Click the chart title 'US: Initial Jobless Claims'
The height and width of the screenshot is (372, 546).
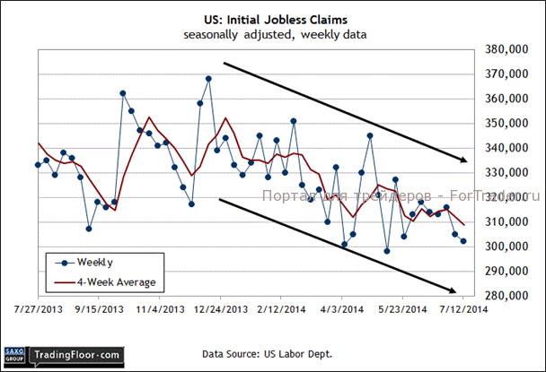272,18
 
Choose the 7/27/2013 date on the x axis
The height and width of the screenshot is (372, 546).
38,309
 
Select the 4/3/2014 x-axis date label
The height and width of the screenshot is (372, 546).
342,309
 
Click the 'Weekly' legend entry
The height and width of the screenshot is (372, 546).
94,263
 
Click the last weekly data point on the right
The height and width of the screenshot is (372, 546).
463,241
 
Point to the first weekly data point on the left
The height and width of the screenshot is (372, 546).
38,165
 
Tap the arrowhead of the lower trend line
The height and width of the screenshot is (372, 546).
458,290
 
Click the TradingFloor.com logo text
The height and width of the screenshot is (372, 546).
76,355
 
